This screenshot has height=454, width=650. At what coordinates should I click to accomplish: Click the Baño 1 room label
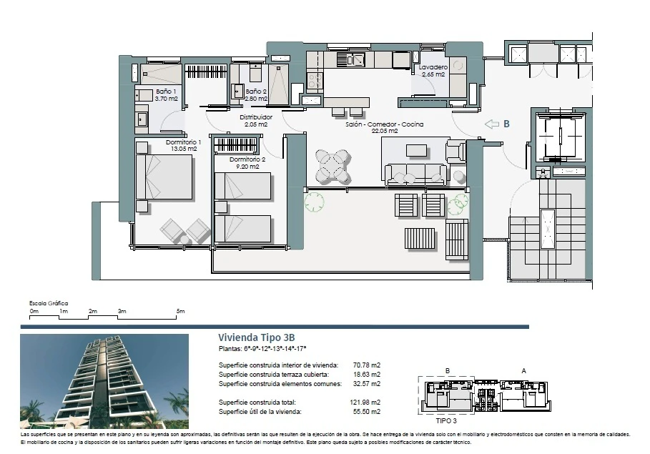coord(166,92)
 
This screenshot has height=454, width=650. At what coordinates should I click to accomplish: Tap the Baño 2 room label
coord(255,92)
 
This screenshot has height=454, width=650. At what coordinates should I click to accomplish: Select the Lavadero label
coord(433,67)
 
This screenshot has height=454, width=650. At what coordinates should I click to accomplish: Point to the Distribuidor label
coord(256,117)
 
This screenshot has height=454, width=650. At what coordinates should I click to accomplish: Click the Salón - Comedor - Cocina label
coord(384,124)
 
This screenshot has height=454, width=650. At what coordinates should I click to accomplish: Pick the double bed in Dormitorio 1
coord(164,177)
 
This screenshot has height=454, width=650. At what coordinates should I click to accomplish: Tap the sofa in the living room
coord(415,174)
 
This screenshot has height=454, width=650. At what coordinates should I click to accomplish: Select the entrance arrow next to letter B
coord(492,124)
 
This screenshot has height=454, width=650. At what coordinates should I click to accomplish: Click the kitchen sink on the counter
coord(350,60)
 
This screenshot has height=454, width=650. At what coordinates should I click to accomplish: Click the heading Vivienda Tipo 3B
coord(257,337)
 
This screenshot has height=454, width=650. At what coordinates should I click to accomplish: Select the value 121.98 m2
coord(365,403)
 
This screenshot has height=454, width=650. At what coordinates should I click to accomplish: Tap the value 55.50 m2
coord(367,411)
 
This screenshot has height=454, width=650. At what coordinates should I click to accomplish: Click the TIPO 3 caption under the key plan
coord(446,420)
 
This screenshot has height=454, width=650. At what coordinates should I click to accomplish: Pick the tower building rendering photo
coord(104,382)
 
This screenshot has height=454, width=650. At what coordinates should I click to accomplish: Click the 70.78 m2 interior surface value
coord(367,365)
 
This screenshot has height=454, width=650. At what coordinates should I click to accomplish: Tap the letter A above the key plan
coord(523,370)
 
